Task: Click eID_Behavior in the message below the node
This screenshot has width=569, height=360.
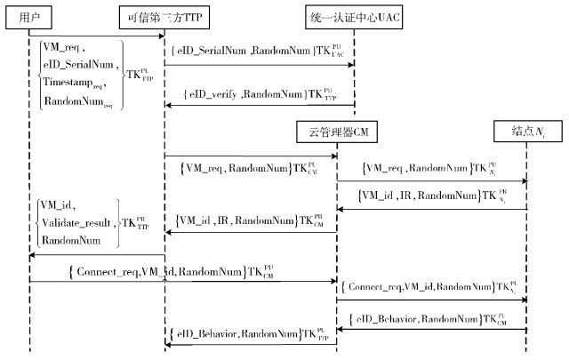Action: click(x=390, y=317)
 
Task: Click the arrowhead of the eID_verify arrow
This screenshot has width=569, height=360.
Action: click(x=167, y=106)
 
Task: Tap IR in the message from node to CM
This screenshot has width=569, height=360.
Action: click(x=402, y=195)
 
